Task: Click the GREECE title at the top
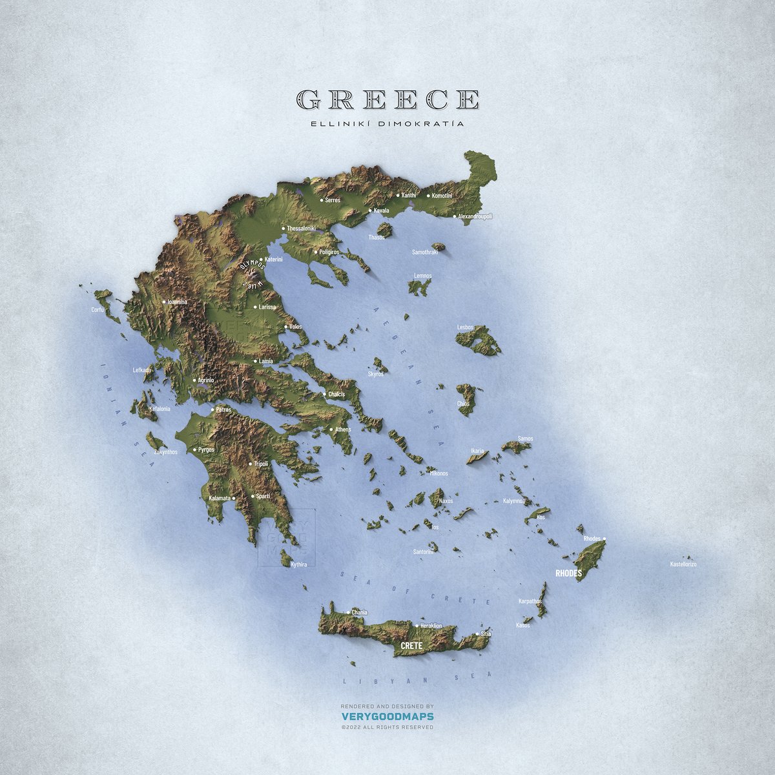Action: [387, 99]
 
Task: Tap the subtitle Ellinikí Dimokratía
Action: [387, 123]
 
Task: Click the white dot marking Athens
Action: [331, 429]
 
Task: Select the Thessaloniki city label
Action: [301, 229]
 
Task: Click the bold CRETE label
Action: [411, 646]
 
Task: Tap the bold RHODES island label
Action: [568, 573]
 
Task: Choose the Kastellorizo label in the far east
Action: [683, 564]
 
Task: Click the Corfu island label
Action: [98, 310]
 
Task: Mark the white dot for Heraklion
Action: [416, 626]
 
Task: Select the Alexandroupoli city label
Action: [475, 216]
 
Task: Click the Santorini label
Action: [424, 552]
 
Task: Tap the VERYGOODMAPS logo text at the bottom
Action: [387, 716]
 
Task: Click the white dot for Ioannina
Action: [163, 302]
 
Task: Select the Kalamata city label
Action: [219, 498]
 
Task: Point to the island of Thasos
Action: [385, 229]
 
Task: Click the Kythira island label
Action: [298, 564]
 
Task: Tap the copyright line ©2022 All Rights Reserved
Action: [387, 727]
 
